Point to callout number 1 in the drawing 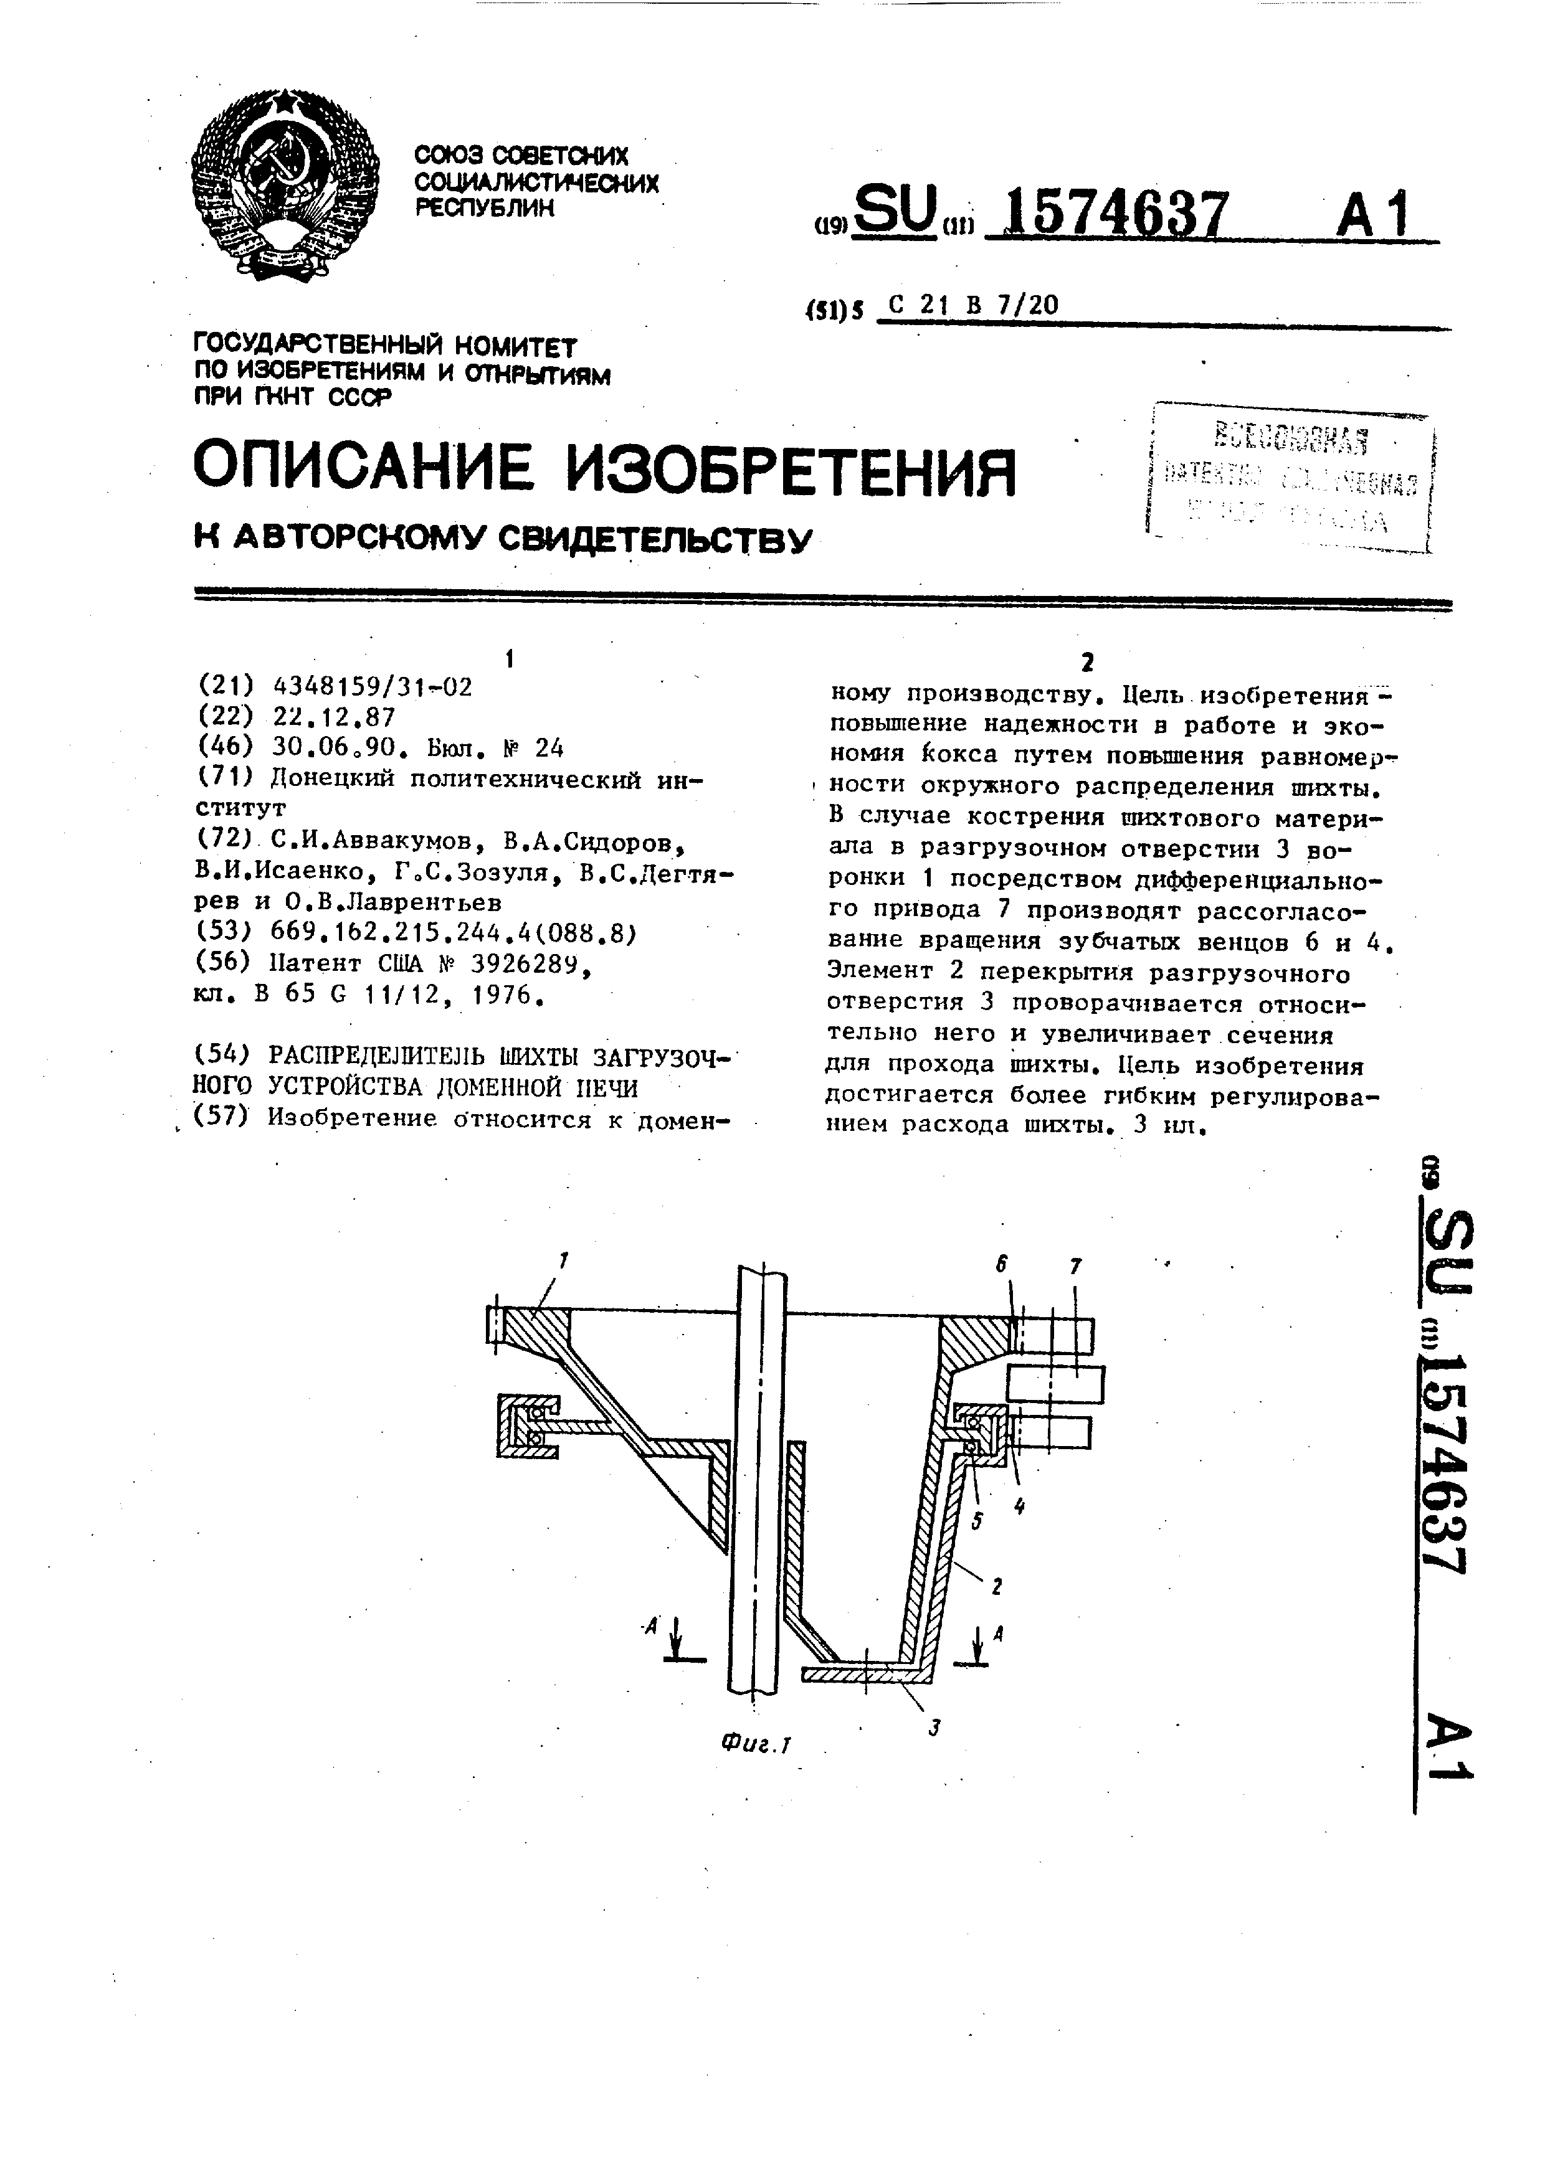[563, 1261]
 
